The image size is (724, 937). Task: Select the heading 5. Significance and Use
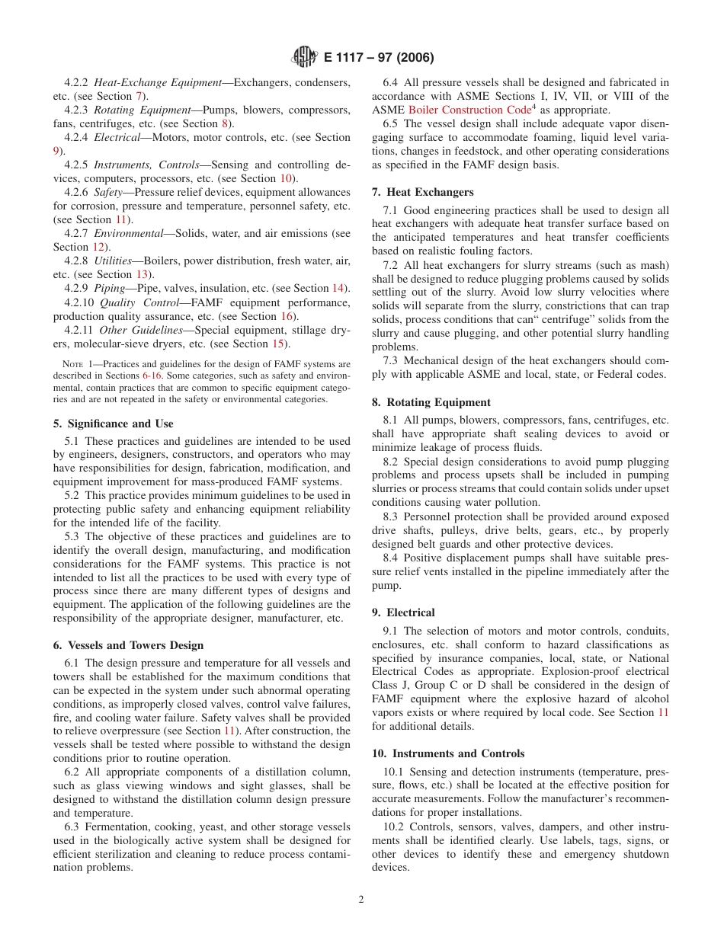113,424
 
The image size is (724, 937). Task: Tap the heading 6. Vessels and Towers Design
128,645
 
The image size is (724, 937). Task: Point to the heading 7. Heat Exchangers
422,192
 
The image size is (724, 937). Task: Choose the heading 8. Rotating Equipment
431,402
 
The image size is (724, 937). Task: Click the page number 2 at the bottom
361,899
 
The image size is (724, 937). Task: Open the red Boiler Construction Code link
468,110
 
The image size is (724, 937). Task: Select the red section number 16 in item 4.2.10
287,316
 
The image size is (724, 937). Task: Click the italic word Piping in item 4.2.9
109,288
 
